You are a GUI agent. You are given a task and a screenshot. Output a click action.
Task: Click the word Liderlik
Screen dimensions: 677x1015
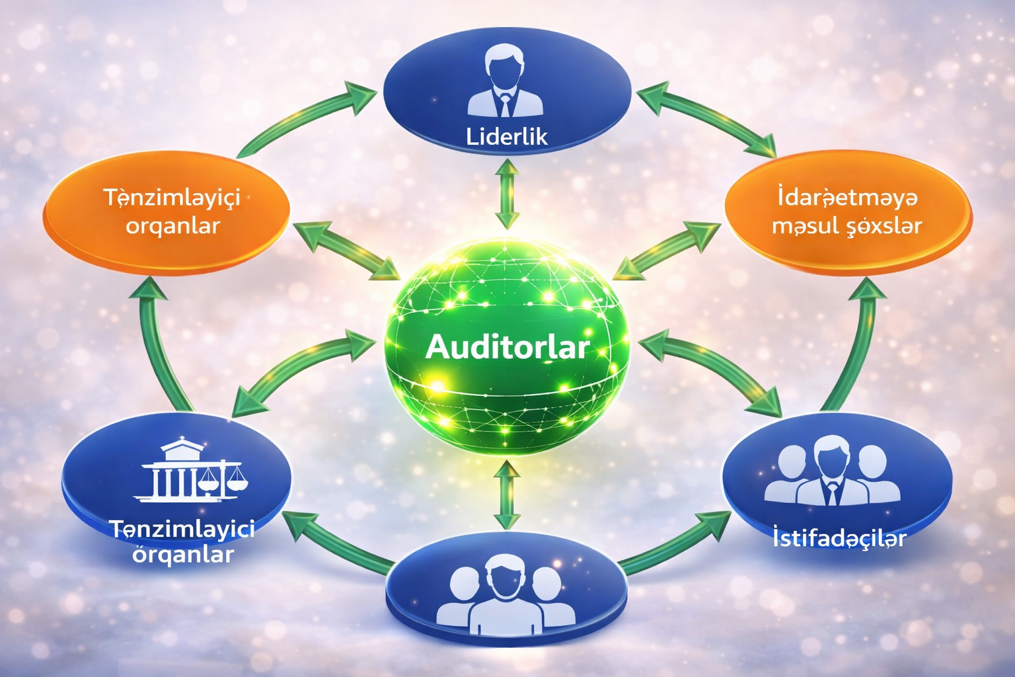tap(507, 136)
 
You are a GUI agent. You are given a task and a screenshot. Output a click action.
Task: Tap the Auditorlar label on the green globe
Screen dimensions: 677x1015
tap(507, 347)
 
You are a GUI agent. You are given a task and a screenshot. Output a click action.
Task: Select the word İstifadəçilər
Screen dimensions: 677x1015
tap(839, 538)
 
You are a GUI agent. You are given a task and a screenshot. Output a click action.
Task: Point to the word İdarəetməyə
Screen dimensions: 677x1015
tap(847, 197)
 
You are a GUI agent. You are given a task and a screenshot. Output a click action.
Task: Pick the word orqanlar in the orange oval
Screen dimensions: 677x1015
tap(172, 226)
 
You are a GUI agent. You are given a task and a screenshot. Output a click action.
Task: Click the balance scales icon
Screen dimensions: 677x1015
tap(223, 477)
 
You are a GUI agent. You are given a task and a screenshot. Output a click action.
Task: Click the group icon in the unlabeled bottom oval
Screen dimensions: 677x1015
tap(506, 592)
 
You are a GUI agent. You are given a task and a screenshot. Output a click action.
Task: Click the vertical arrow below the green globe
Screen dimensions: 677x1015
tap(507, 495)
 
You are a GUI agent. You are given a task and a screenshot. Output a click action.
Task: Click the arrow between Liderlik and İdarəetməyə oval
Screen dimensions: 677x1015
tap(707, 118)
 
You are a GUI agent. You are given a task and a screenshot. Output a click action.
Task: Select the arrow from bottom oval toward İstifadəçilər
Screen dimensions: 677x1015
tap(674, 542)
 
